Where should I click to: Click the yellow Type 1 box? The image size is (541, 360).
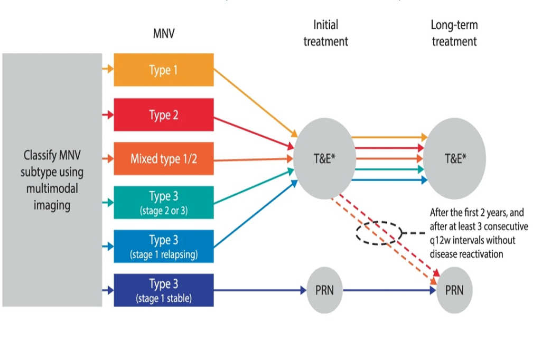pyautogui.click(x=164, y=70)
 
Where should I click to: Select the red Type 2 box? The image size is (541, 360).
pyautogui.click(x=164, y=114)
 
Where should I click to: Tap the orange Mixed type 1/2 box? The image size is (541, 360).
pyautogui.click(x=164, y=158)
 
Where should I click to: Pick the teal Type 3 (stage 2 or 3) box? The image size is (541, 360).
pyautogui.click(x=164, y=202)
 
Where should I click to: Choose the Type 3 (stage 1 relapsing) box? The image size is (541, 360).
pyautogui.click(x=164, y=246)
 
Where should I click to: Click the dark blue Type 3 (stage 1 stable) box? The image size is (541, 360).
pyautogui.click(x=164, y=290)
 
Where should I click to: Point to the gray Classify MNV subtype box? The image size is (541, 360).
pyautogui.click(x=52, y=179)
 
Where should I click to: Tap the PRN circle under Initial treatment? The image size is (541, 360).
pyautogui.click(x=323, y=290)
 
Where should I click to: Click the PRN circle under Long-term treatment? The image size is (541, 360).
pyautogui.click(x=454, y=290)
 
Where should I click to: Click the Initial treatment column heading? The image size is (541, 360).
pyautogui.click(x=325, y=33)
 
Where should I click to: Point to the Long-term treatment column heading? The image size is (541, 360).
pyautogui.click(x=454, y=33)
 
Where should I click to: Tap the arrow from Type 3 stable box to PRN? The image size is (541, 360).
pyautogui.click(x=259, y=290)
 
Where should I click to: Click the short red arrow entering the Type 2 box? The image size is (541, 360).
pyautogui.click(x=108, y=114)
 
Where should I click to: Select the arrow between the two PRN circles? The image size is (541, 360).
pyautogui.click(x=388, y=290)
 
